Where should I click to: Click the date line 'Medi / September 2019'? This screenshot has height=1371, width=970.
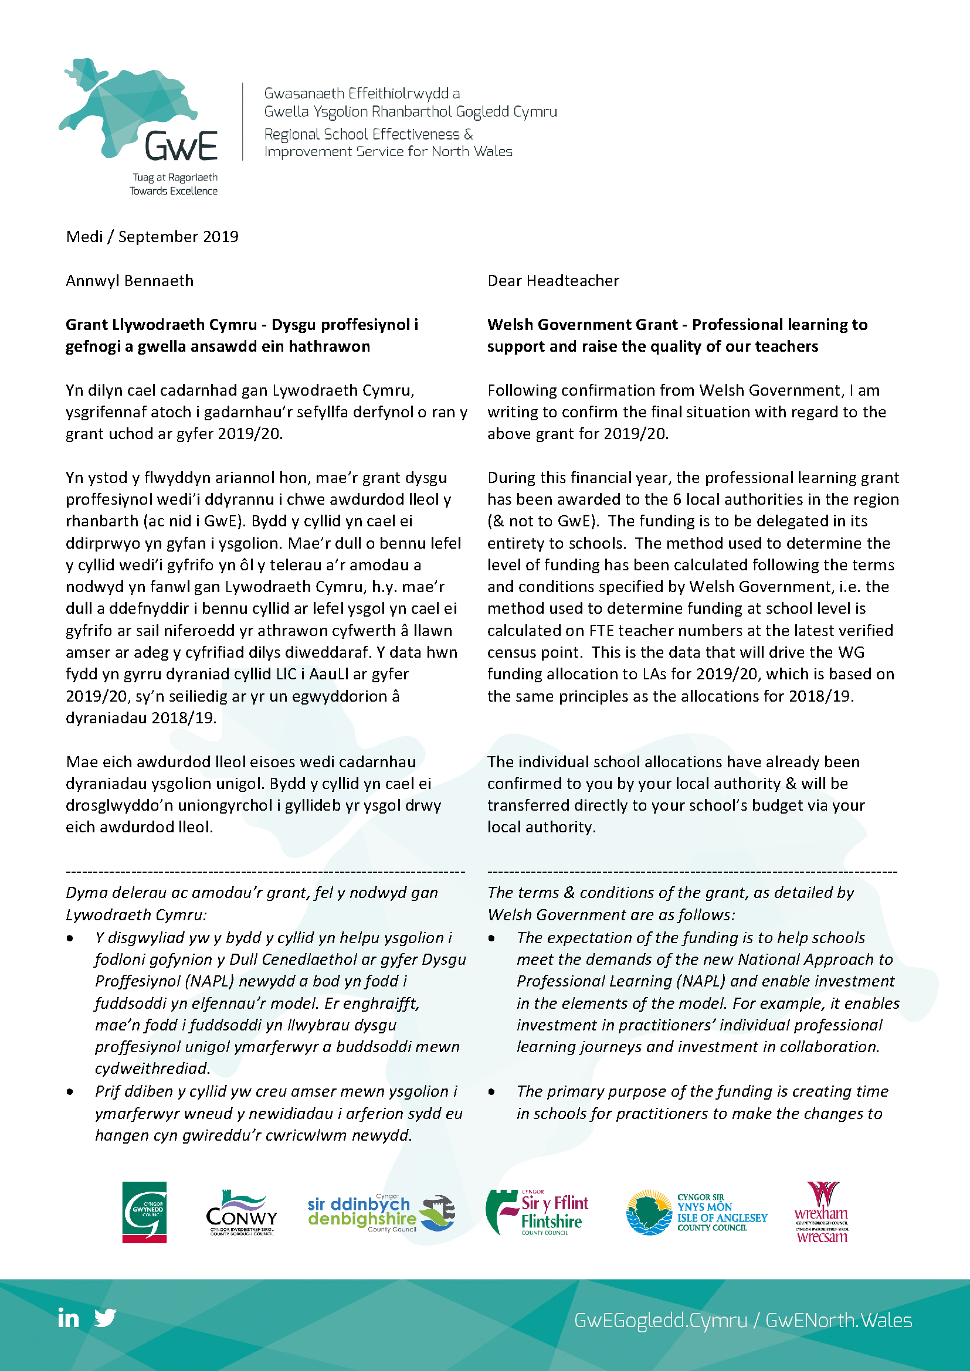pos(152,237)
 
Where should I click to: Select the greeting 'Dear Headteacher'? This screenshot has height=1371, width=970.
pos(552,281)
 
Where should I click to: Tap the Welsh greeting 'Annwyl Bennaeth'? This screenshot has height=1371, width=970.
pos(130,281)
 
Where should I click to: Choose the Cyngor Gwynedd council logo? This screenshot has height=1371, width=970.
pos(144,1212)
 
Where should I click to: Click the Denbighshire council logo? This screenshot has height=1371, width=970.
pos(381,1213)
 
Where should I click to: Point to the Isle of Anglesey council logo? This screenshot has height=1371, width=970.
pos(697,1212)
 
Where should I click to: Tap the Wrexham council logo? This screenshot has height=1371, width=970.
pos(821,1212)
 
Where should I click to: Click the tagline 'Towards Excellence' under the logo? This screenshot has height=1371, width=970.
pos(173,191)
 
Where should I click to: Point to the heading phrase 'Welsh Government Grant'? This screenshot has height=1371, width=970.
pos(582,325)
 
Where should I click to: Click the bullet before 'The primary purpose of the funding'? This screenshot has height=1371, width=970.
pos(491,1092)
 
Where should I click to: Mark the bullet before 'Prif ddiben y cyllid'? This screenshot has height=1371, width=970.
pos(70,1092)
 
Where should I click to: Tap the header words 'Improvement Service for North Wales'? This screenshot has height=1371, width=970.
pos(388,152)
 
